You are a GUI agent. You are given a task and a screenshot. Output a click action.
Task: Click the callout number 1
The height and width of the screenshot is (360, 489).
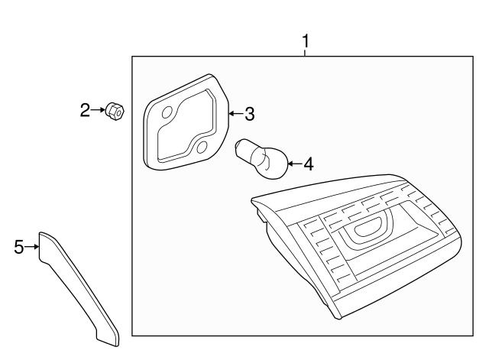click(306, 40)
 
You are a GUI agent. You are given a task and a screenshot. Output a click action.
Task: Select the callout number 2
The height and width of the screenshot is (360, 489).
click(86, 111)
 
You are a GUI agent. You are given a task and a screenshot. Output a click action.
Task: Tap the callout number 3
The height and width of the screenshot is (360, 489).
click(249, 115)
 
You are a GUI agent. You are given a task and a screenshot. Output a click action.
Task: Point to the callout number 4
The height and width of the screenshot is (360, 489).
click(309, 164)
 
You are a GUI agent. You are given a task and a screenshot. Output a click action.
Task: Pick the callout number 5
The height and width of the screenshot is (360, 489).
click(19, 246)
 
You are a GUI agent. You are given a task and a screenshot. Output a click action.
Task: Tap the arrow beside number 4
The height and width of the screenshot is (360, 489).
click(295, 163)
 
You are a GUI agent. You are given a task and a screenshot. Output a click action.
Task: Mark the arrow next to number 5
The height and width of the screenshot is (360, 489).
click(32, 246)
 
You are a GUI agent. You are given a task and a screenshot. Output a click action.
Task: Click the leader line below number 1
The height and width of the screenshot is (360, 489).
click(306, 51)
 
